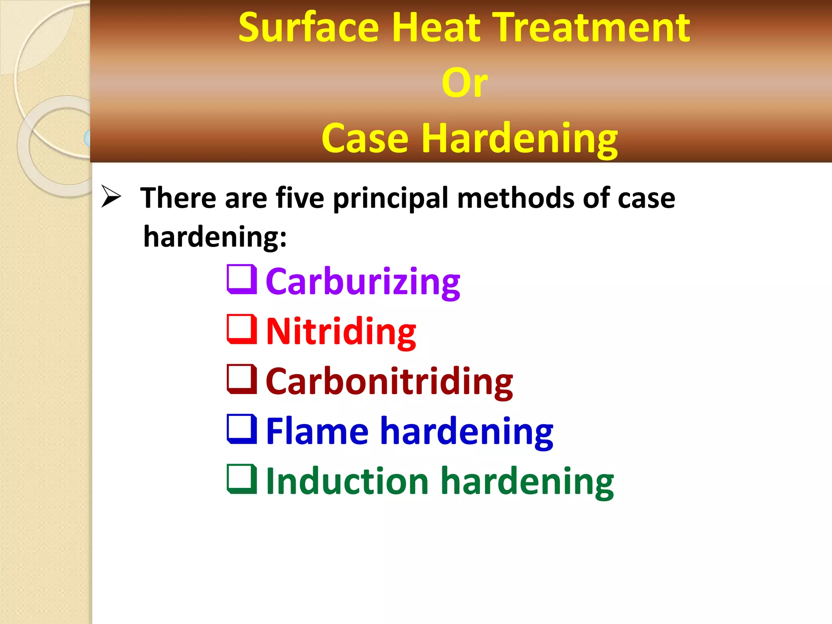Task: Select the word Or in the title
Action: click(x=464, y=83)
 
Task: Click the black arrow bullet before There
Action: click(x=111, y=197)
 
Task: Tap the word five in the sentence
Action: click(x=300, y=198)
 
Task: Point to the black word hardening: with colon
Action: click(x=215, y=237)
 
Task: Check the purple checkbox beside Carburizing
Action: click(x=242, y=279)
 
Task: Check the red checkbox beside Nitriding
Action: click(x=242, y=329)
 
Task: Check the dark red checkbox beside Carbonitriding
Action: click(x=242, y=379)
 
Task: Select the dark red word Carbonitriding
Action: click(x=389, y=381)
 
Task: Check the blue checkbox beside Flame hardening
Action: click(x=242, y=429)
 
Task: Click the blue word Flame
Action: click(x=317, y=431)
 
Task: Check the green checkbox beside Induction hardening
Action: click(x=242, y=479)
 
